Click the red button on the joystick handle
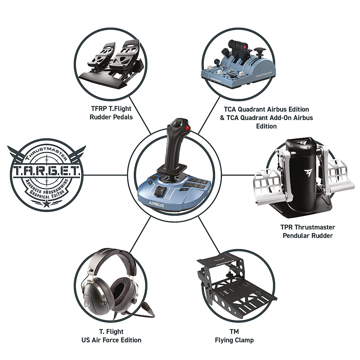(x=188, y=129)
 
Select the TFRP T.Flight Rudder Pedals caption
(x=111, y=112)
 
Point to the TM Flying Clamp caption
(x=234, y=336)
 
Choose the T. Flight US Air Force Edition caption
(x=111, y=336)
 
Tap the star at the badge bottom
(x=47, y=204)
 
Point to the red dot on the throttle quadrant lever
(x=246, y=47)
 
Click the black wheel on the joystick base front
(x=159, y=191)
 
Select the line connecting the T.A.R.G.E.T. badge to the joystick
(x=105, y=175)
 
